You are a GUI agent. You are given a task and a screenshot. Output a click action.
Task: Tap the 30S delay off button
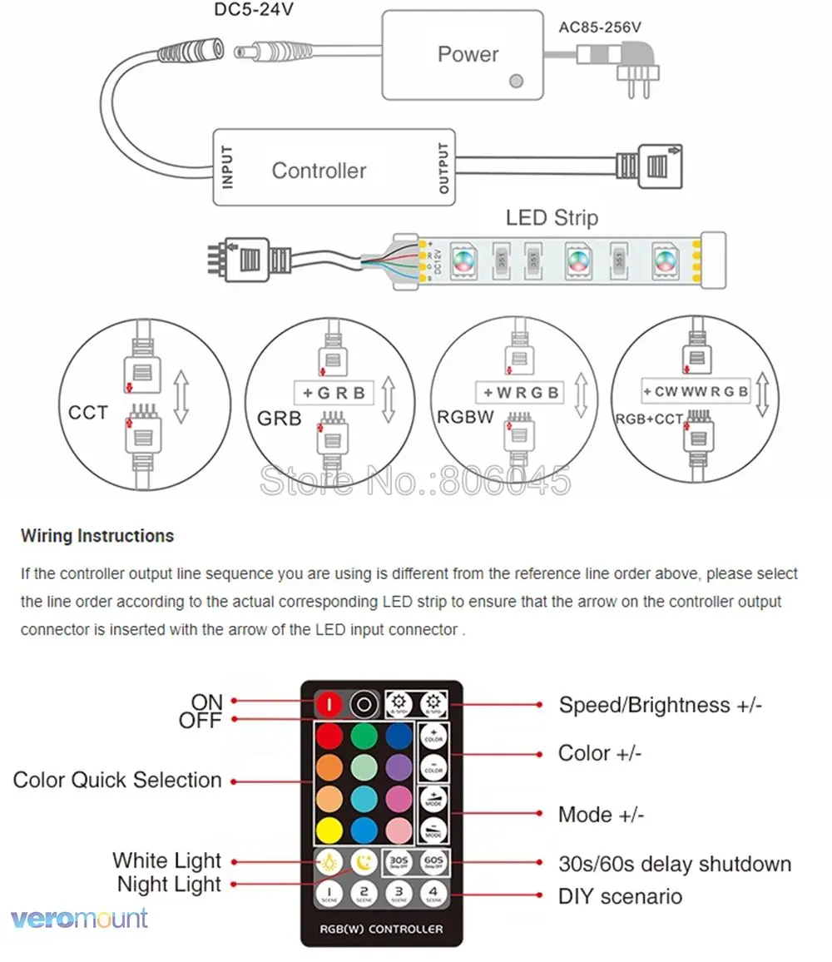(x=397, y=863)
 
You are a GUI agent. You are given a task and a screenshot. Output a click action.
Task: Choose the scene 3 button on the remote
(x=399, y=894)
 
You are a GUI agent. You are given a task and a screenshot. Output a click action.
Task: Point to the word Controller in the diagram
(x=319, y=171)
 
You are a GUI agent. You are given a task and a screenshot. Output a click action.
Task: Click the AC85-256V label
(x=600, y=27)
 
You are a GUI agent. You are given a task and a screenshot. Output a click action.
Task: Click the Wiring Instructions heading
(x=97, y=536)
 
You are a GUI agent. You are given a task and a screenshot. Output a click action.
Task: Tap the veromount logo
(x=80, y=919)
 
